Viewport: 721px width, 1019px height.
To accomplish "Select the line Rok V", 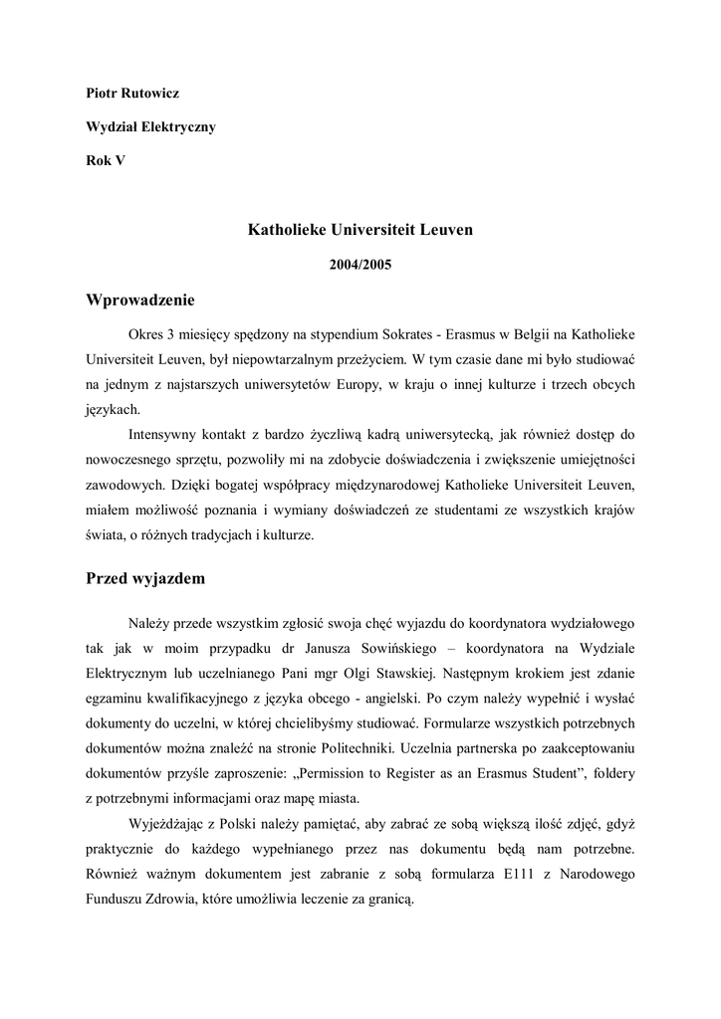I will [x=106, y=161].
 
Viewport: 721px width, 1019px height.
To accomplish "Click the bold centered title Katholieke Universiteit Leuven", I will [x=360, y=230].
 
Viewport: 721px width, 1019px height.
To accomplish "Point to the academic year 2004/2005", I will [x=360, y=266].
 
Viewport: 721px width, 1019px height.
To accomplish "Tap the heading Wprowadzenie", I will [x=140, y=301].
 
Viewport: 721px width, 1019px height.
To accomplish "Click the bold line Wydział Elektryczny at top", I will [x=149, y=127].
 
